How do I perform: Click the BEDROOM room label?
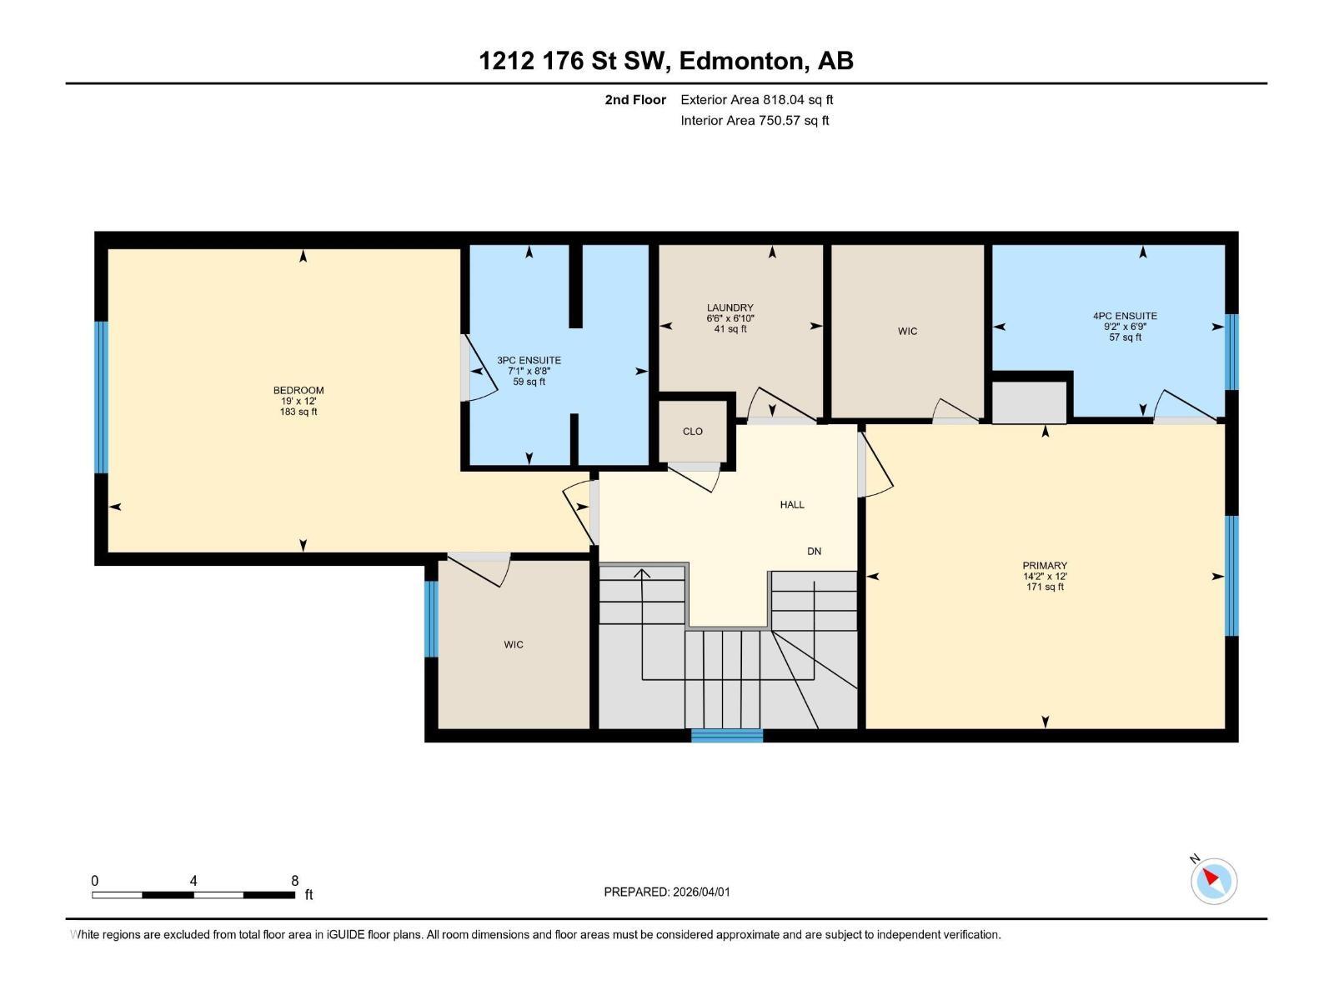click(x=298, y=390)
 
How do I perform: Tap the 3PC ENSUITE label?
click(x=529, y=360)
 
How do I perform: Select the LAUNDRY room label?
click(x=730, y=307)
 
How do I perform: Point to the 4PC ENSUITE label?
click(x=1125, y=316)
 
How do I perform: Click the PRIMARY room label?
click(x=1045, y=565)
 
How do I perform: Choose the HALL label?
click(x=792, y=504)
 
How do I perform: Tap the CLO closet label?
click(x=692, y=431)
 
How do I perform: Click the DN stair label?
click(x=814, y=551)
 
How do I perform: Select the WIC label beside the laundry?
click(x=907, y=331)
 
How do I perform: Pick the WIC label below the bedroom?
click(x=514, y=644)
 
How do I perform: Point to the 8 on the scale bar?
click(x=294, y=880)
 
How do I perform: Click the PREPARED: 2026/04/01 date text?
click(x=667, y=892)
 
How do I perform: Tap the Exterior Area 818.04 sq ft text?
click(x=756, y=99)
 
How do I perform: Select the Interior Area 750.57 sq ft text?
click(x=755, y=120)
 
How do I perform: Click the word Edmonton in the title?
click(x=741, y=61)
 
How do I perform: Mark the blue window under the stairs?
click(x=726, y=735)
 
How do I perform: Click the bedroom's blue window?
click(x=101, y=397)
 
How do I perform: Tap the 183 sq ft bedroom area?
click(x=298, y=412)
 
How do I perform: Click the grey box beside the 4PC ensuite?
click(x=1029, y=402)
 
